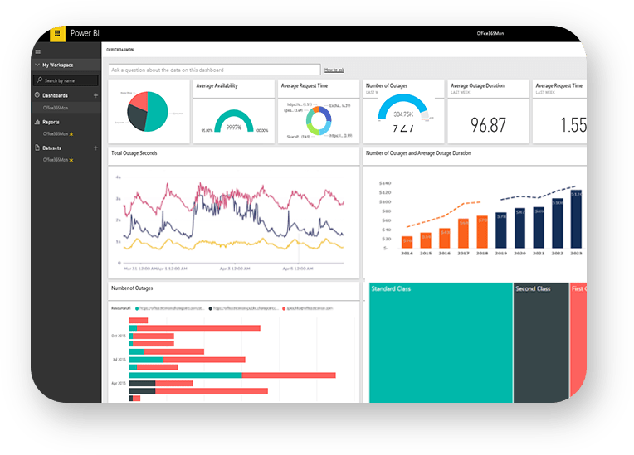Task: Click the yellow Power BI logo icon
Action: click(57, 34)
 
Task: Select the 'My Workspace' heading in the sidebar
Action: click(58, 65)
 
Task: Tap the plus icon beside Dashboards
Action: click(95, 96)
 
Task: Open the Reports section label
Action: click(51, 122)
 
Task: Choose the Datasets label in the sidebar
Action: click(53, 148)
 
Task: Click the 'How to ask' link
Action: click(334, 70)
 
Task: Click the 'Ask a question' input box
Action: click(214, 70)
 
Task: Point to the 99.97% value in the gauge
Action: click(234, 128)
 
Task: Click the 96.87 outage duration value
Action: click(488, 125)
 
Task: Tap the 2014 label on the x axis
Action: click(406, 254)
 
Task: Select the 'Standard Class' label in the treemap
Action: click(391, 289)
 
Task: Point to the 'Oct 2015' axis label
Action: click(118, 336)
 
